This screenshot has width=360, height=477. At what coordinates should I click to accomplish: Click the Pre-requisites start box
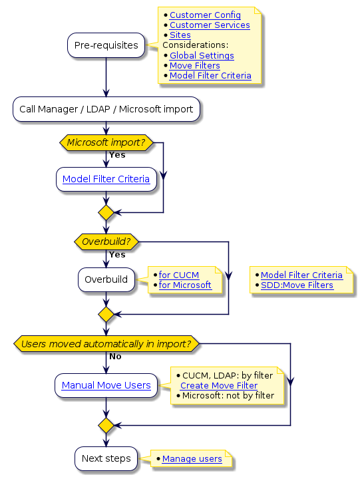(106, 45)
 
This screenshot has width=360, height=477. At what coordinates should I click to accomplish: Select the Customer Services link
(210, 25)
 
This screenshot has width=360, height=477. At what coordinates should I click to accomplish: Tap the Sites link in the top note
(180, 35)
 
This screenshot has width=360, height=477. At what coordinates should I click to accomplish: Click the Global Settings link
(202, 56)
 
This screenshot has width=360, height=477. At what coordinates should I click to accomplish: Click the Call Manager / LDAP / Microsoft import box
(106, 109)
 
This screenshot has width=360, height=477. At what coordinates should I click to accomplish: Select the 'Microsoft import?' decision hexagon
(106, 142)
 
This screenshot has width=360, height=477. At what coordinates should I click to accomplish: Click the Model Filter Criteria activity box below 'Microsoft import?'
(106, 179)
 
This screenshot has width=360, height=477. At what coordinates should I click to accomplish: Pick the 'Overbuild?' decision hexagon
(106, 241)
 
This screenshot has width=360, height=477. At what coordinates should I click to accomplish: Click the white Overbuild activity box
(106, 279)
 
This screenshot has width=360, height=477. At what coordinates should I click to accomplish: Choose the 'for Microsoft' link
(185, 285)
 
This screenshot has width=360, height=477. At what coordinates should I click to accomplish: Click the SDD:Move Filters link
(297, 285)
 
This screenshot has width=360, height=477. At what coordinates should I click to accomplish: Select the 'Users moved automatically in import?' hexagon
(106, 344)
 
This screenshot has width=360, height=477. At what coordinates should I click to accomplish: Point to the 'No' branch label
(115, 357)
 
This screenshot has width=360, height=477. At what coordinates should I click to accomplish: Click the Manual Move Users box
(106, 385)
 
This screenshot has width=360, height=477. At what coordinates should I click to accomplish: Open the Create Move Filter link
(219, 385)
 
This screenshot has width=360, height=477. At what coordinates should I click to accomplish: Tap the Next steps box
(106, 458)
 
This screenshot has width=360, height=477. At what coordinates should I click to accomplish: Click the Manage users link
(192, 459)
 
